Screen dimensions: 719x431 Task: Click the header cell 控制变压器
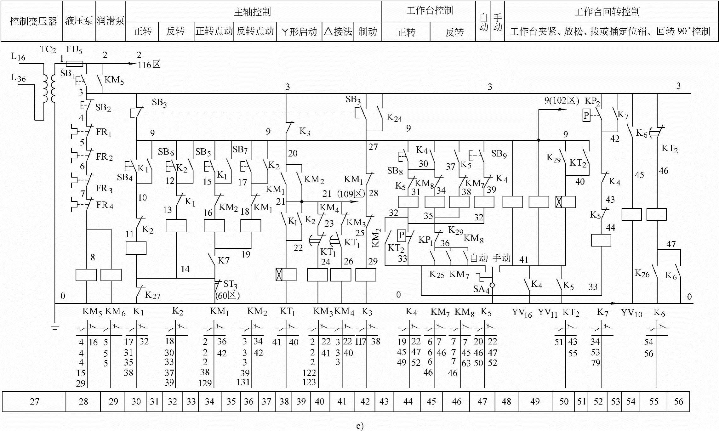33,21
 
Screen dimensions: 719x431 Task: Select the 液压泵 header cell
79,21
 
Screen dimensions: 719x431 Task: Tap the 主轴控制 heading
252,12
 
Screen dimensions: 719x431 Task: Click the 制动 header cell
367,31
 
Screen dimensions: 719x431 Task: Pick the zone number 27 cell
34,401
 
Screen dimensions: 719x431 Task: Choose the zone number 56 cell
678,401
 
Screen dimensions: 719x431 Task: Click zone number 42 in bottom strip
365,401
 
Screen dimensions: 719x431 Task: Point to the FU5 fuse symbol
75,64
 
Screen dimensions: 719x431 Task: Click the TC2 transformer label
48,50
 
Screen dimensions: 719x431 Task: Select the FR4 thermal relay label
105,205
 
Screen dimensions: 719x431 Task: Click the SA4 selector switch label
481,289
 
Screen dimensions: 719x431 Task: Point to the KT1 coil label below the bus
287,312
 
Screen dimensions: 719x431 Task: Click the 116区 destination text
149,65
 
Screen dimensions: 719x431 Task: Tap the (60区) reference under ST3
227,295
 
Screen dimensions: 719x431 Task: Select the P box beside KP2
586,116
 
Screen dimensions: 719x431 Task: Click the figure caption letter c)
360,426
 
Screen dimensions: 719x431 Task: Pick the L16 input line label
18,57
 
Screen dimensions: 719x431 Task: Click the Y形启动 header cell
299,31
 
